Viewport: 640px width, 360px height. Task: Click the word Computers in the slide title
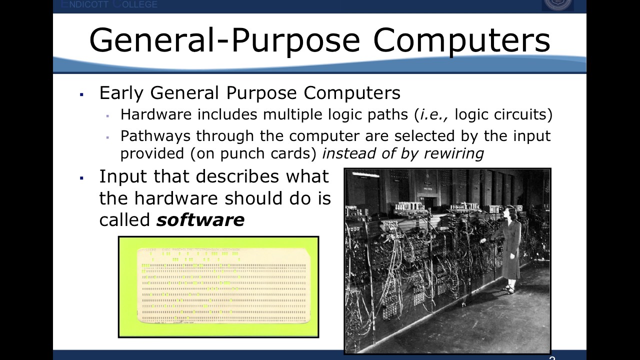click(461, 40)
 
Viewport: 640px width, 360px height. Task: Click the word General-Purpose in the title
click(224, 40)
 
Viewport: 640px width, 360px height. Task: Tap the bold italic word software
click(200, 220)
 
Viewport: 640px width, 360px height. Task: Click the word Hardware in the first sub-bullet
click(156, 114)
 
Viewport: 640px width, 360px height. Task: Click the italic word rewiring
click(453, 153)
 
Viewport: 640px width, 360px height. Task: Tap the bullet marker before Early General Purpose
click(81, 94)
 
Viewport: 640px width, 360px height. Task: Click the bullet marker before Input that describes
click(81, 177)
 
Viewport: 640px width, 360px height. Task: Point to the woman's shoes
click(509, 288)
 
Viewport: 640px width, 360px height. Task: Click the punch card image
click(218, 287)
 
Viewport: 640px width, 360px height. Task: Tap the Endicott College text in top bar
click(109, 4)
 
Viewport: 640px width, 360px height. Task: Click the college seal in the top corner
click(557, 4)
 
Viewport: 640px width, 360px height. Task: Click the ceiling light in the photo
click(365, 174)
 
